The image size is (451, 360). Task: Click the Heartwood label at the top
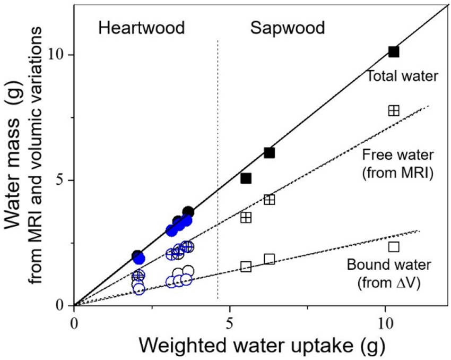(141, 28)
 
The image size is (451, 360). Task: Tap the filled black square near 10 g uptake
(393, 52)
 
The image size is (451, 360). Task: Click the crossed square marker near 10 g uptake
(393, 110)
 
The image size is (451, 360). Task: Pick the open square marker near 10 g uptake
(393, 246)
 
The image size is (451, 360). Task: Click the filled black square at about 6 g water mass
(269, 153)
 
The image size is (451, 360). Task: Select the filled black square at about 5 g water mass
(246, 178)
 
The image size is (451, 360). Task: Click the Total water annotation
(402, 76)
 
